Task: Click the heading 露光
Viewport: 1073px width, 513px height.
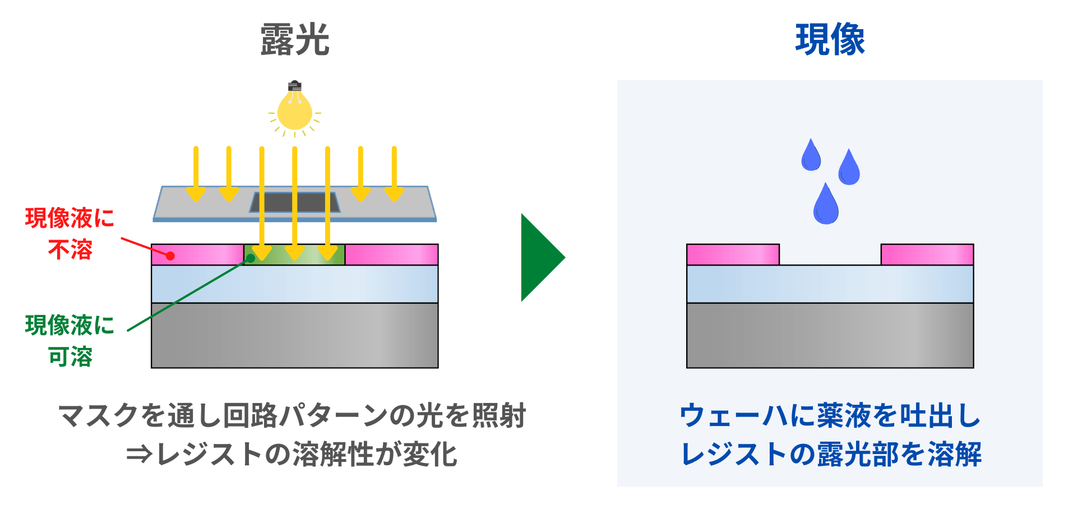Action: [x=295, y=40]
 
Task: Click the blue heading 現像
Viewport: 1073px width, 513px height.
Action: [x=830, y=40]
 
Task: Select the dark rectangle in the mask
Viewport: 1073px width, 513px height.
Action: [x=295, y=202]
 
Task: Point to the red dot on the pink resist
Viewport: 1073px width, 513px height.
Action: [x=171, y=256]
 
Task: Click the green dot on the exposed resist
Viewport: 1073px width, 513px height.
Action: [x=251, y=258]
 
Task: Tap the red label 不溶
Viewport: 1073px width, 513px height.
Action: [x=70, y=249]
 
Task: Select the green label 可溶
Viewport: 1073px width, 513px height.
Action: [x=70, y=356]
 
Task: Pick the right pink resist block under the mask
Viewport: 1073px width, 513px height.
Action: [x=391, y=254]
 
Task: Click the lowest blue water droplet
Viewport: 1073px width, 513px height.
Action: [x=826, y=206]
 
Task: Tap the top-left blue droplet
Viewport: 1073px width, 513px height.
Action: [x=811, y=156]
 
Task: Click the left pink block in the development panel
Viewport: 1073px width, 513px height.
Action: [x=733, y=254]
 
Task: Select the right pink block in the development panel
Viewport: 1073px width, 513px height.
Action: [x=927, y=254]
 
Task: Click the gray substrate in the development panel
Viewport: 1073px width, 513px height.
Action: [x=830, y=335]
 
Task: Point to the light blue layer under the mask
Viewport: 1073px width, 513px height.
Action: [x=295, y=284]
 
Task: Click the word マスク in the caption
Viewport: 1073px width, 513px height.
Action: [x=99, y=416]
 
